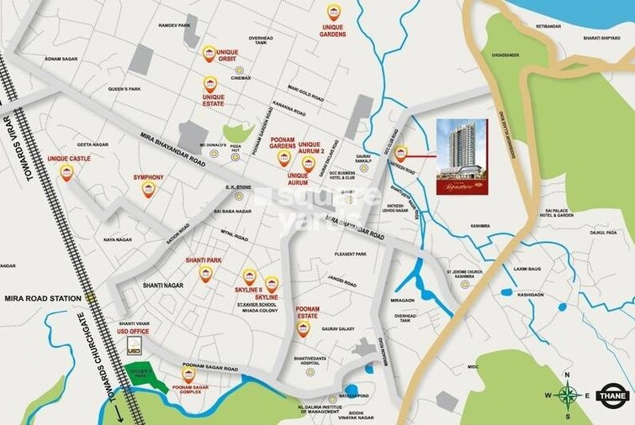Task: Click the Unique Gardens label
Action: (x=333, y=31)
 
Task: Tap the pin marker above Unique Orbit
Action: (x=209, y=53)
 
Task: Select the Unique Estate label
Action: (x=214, y=102)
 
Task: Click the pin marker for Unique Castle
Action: (x=66, y=172)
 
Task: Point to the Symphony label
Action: (x=148, y=177)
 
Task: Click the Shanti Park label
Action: (x=204, y=260)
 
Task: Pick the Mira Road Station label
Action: (x=42, y=298)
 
